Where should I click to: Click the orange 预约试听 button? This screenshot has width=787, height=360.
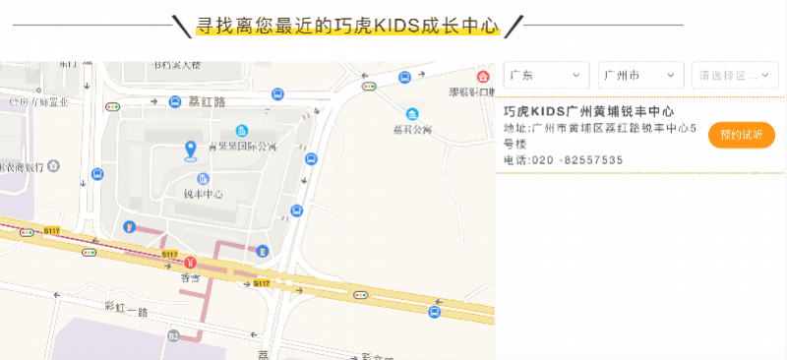(741, 135)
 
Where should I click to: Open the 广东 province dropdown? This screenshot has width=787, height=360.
(546, 75)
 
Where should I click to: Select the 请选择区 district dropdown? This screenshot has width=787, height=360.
(736, 75)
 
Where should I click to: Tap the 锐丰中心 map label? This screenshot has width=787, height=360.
(203, 194)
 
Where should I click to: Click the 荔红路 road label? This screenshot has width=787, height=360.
(206, 101)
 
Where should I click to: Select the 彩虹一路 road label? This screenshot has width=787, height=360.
(125, 310)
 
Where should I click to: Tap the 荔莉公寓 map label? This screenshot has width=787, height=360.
(412, 128)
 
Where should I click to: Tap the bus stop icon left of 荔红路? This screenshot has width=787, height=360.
(175, 100)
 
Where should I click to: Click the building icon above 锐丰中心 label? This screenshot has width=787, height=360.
(203, 179)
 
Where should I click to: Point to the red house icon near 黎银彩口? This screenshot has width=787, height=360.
(482, 77)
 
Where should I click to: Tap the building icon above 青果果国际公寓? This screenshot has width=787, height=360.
(242, 132)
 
